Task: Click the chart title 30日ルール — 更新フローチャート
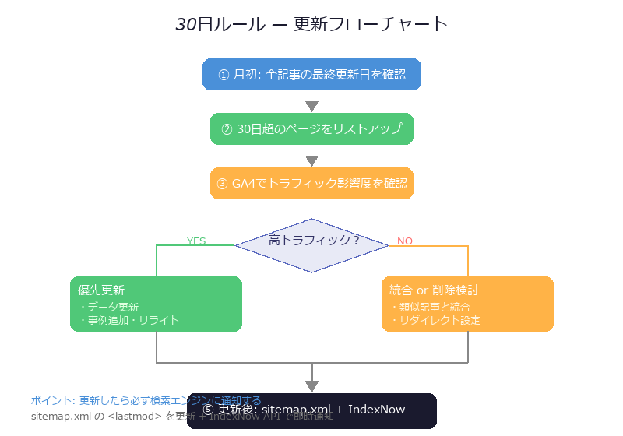pyautogui.click(x=311, y=24)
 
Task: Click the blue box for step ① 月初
pyautogui.click(x=311, y=75)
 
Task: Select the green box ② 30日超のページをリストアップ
pyautogui.click(x=311, y=129)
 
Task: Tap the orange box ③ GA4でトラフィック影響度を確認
pyautogui.click(x=311, y=184)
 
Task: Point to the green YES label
pyautogui.click(x=196, y=241)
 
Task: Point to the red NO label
pyautogui.click(x=405, y=241)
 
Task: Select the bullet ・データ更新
pyautogui.click(x=108, y=307)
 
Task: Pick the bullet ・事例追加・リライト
pyautogui.click(x=128, y=320)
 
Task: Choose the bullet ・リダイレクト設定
pyautogui.click(x=435, y=320)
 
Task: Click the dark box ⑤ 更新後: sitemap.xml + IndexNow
pyautogui.click(x=311, y=410)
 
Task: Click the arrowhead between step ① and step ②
pyautogui.click(x=311, y=107)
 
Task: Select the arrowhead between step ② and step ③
pyautogui.click(x=311, y=161)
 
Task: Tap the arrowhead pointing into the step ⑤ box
pyautogui.click(x=311, y=386)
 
